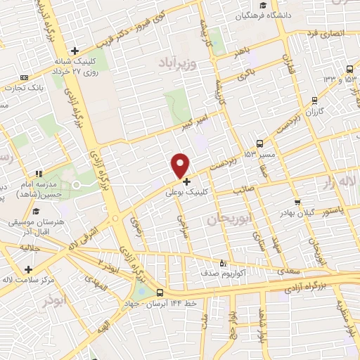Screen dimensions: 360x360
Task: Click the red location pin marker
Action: point(181,165)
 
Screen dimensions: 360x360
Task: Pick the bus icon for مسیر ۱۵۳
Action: point(260,141)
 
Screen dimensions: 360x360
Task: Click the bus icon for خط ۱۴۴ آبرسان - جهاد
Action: point(160,292)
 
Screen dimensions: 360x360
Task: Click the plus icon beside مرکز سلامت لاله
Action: point(29,269)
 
